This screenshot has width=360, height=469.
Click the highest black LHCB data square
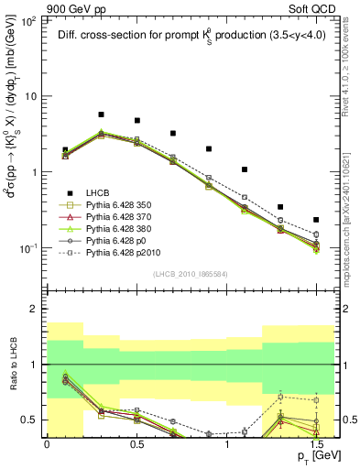[101, 115]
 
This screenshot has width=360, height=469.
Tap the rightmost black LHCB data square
[316, 220]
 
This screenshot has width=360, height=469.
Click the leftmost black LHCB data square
[65, 149]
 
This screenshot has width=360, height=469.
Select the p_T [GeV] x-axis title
[311, 456]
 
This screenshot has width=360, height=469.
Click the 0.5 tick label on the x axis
[136, 442]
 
